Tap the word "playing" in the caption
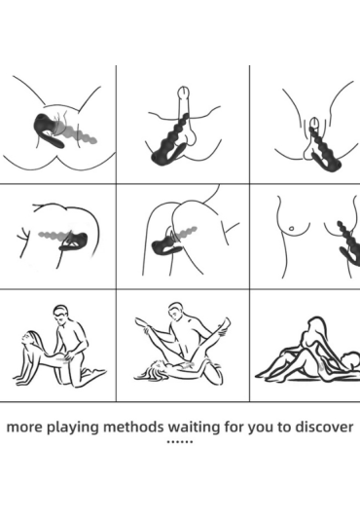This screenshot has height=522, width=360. [73, 428]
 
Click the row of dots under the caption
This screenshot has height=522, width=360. [180, 442]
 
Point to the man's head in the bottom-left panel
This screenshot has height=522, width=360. [61, 315]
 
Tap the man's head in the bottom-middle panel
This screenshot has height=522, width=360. [176, 312]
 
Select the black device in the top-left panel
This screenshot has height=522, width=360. [50, 130]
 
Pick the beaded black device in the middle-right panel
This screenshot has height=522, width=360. [349, 243]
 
